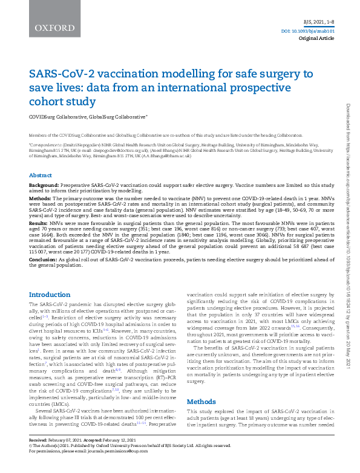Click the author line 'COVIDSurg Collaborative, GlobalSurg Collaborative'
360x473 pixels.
[x=88, y=116]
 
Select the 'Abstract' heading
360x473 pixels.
[x=41, y=175]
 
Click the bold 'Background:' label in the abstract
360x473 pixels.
[x=45, y=183]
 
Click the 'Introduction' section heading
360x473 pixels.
[x=50, y=295]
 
